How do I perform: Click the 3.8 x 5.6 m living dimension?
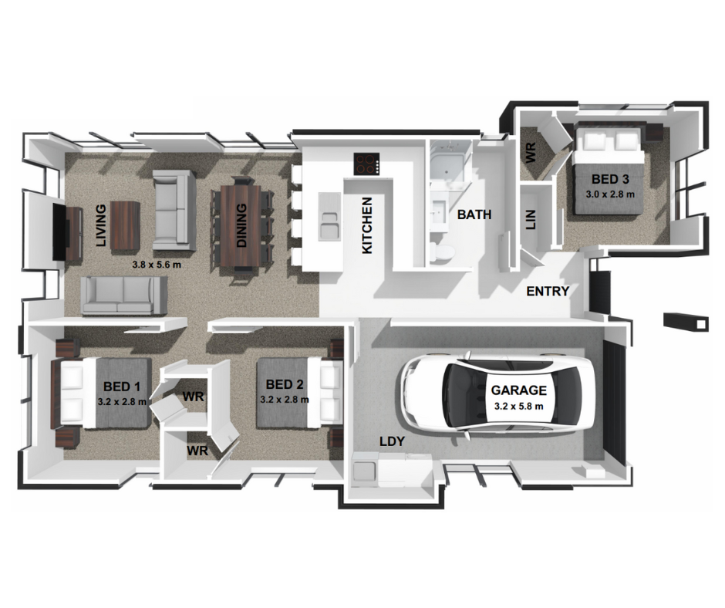[157, 264]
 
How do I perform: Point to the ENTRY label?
[548, 292]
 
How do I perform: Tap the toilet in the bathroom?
[441, 252]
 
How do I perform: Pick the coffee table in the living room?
[126, 225]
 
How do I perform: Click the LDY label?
[391, 441]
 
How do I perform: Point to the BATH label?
[474, 214]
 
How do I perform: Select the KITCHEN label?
[367, 225]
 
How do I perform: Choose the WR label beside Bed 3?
[531, 151]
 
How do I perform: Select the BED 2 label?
[285, 384]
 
